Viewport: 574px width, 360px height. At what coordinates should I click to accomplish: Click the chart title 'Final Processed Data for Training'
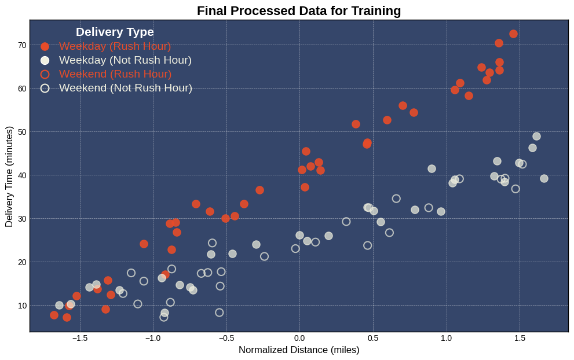[x=299, y=11]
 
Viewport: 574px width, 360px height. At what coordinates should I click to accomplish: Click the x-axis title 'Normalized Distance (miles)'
[x=299, y=350]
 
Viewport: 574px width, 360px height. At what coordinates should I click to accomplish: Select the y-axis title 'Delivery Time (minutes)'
[x=9, y=175]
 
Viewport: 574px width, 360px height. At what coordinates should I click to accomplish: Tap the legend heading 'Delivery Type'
[x=115, y=32]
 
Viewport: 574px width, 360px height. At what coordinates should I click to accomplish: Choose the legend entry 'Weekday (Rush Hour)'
[x=115, y=46]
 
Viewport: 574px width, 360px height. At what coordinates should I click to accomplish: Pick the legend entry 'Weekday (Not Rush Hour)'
[x=125, y=60]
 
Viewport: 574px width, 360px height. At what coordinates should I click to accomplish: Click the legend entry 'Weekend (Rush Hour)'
[x=115, y=74]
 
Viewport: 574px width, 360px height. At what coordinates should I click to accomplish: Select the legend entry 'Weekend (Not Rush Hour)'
[x=126, y=88]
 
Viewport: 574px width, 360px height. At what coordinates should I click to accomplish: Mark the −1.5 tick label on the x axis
[x=79, y=338]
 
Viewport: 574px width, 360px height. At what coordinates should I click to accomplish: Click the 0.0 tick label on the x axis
[x=299, y=338]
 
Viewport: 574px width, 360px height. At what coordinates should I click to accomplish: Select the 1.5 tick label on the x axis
[x=520, y=338]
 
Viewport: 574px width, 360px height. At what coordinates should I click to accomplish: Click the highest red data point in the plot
[x=513, y=34]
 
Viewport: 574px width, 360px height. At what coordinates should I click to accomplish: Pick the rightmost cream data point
[x=544, y=178]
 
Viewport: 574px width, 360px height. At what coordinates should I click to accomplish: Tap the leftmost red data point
[x=54, y=315]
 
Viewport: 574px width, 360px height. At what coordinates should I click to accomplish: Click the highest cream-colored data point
[x=536, y=136]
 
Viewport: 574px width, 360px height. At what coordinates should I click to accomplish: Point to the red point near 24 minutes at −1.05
[x=144, y=244]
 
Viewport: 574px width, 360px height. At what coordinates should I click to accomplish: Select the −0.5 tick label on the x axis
[x=226, y=338]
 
